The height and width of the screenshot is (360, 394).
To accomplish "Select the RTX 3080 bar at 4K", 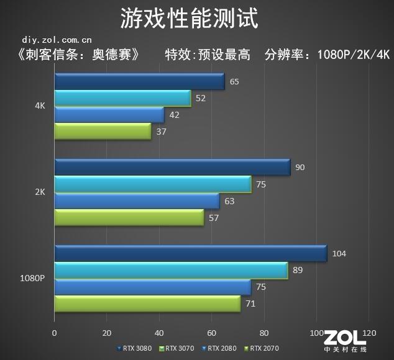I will pyautogui.click(x=139, y=81).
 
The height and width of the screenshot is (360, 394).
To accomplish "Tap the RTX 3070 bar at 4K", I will pyautogui.click(x=122, y=98).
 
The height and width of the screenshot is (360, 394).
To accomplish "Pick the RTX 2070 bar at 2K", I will pyautogui.click(x=129, y=217).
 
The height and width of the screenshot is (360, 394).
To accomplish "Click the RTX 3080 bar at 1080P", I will pyautogui.click(x=190, y=253).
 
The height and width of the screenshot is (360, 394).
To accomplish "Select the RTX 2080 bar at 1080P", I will pyautogui.click(x=152, y=287).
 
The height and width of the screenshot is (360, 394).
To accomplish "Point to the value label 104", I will pyautogui.click(x=339, y=253).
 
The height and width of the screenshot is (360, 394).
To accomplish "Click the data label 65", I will pyautogui.click(x=234, y=81).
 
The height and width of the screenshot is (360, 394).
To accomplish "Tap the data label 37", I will pyautogui.click(x=162, y=132).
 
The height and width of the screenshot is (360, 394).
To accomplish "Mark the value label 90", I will pyautogui.click(x=300, y=168).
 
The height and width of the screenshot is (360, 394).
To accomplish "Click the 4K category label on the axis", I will pyautogui.click(x=40, y=106).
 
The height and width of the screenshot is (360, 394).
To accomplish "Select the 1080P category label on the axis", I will pyautogui.click(x=33, y=278).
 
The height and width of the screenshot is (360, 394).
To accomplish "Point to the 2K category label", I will pyautogui.click(x=40, y=192).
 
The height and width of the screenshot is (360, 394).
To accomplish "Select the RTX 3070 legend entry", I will pyautogui.click(x=180, y=348).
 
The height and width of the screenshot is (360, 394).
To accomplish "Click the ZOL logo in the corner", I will pyautogui.click(x=345, y=340).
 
